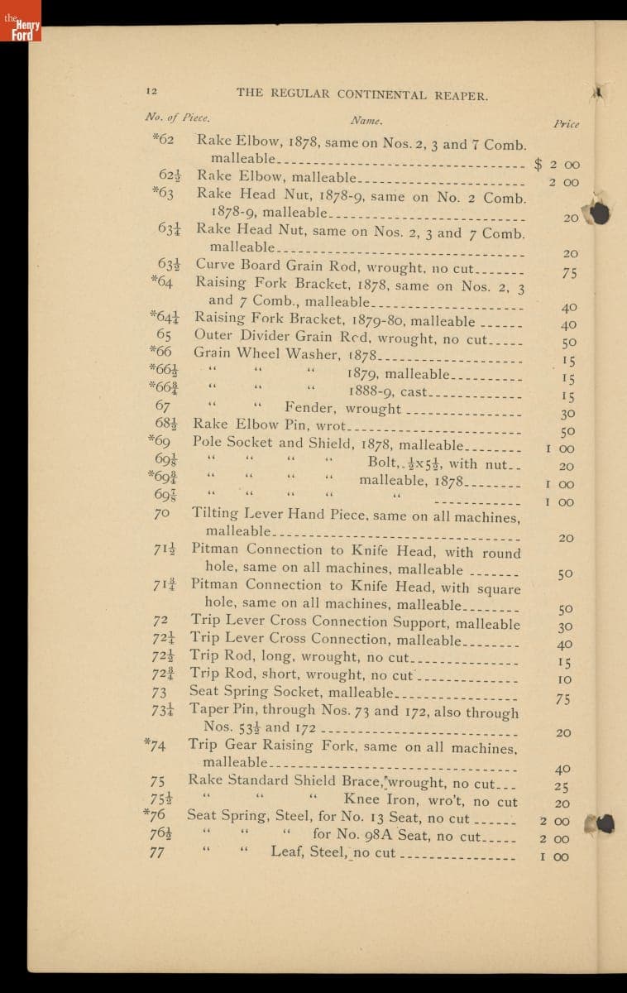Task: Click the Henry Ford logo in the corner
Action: pos(21,22)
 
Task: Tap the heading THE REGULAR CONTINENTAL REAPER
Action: pos(361,94)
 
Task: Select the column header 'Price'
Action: pos(566,124)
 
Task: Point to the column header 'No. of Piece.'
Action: pos(177,117)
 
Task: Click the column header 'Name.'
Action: pos(364,120)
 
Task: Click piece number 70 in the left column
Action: pos(161,514)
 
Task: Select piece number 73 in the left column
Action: pos(160,692)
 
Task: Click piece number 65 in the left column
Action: pos(164,335)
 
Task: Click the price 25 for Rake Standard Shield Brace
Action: pos(561,787)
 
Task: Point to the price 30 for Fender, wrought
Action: pos(567,414)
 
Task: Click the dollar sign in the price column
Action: pos(538,164)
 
